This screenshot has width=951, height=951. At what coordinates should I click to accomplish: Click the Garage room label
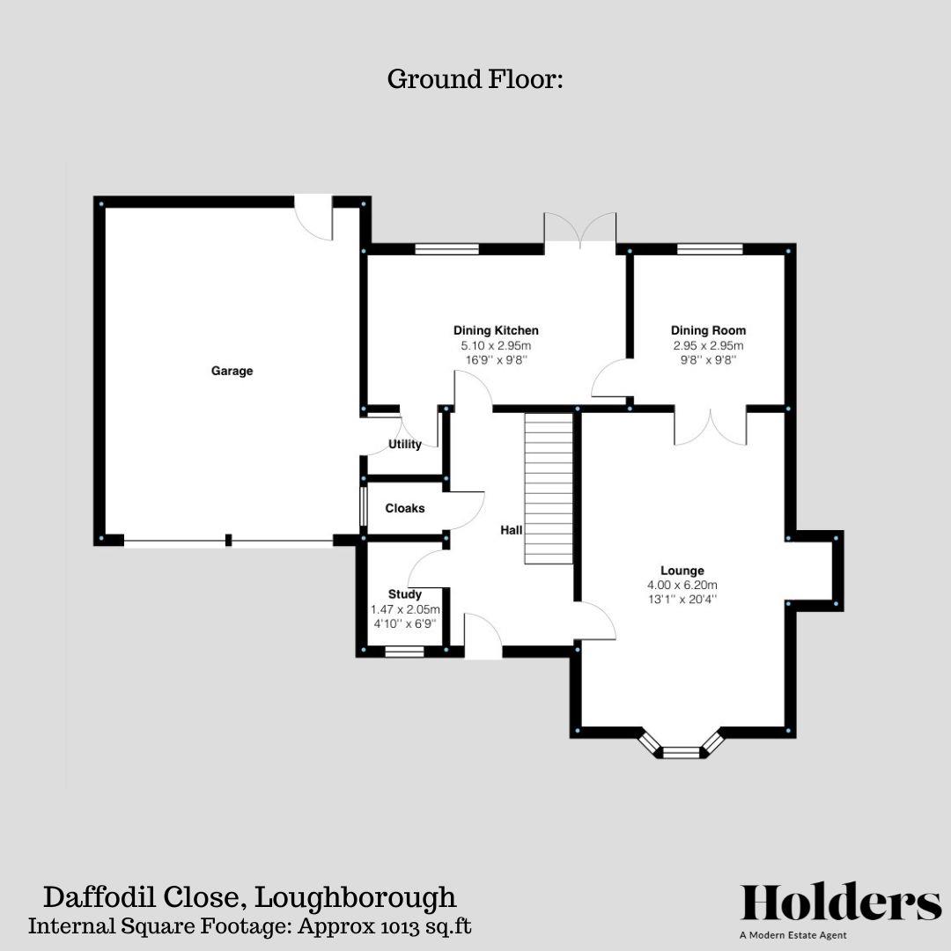tap(232, 371)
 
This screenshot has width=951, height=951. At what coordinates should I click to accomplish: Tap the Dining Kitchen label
tap(496, 330)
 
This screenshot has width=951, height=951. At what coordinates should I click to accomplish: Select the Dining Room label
tap(708, 330)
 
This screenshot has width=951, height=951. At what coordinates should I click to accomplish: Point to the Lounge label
tap(682, 570)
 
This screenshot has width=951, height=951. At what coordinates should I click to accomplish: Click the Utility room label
tap(405, 444)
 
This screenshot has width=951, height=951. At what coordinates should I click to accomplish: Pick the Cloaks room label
tap(405, 508)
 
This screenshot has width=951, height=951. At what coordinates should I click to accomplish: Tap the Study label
tap(405, 594)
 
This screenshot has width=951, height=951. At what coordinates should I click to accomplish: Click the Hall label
tap(512, 530)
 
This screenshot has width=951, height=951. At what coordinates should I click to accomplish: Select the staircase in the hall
tap(549, 489)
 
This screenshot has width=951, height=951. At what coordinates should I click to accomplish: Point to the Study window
tap(405, 652)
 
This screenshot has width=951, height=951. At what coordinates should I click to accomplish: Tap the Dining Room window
tap(710, 249)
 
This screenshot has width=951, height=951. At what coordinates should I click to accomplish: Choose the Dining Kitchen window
tap(447, 249)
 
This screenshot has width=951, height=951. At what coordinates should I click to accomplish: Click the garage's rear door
tap(313, 216)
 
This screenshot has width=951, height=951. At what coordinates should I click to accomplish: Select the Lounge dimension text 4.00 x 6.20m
tap(682, 585)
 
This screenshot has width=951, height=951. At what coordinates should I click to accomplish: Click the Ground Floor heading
tap(475, 79)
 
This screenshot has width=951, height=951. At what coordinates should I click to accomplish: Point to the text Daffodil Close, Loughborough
tap(251, 897)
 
